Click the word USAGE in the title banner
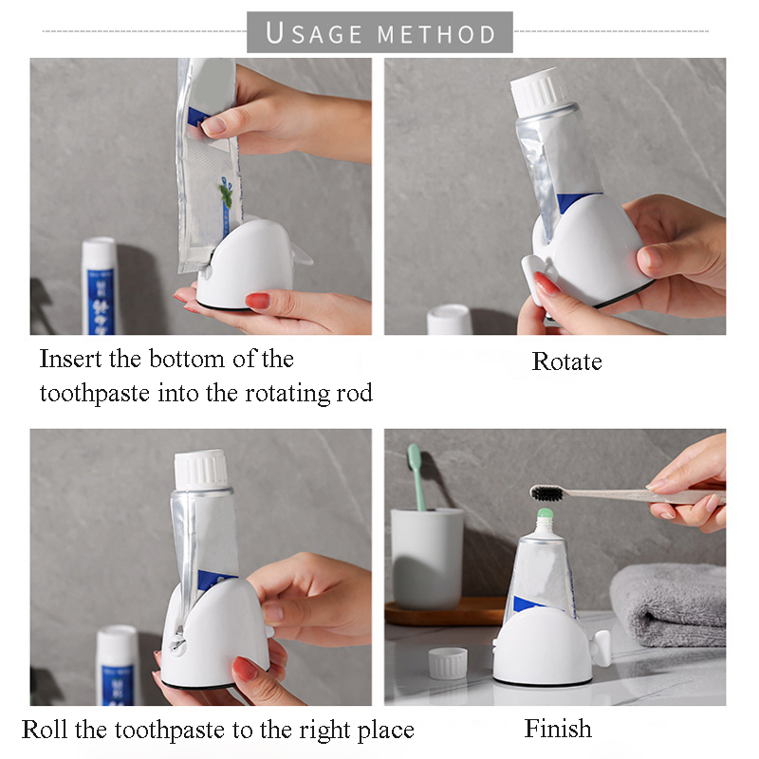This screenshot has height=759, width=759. (x=314, y=33)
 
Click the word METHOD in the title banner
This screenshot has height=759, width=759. (x=436, y=34)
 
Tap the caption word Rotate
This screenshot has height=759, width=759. (x=566, y=361)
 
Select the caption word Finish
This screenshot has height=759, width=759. (x=558, y=729)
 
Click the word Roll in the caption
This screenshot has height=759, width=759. (x=45, y=730)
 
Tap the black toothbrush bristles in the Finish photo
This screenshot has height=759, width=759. (x=547, y=492)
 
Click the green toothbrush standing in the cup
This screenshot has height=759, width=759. (x=417, y=477)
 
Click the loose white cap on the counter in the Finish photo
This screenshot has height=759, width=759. (x=447, y=662)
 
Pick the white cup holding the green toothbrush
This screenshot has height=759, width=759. (x=427, y=558)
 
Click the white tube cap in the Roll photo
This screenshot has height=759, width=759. (x=201, y=469)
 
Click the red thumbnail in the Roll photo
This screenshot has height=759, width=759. (x=246, y=669)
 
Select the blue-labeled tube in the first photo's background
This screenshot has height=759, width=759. (x=99, y=286)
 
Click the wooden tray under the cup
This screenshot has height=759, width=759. (x=445, y=611)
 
